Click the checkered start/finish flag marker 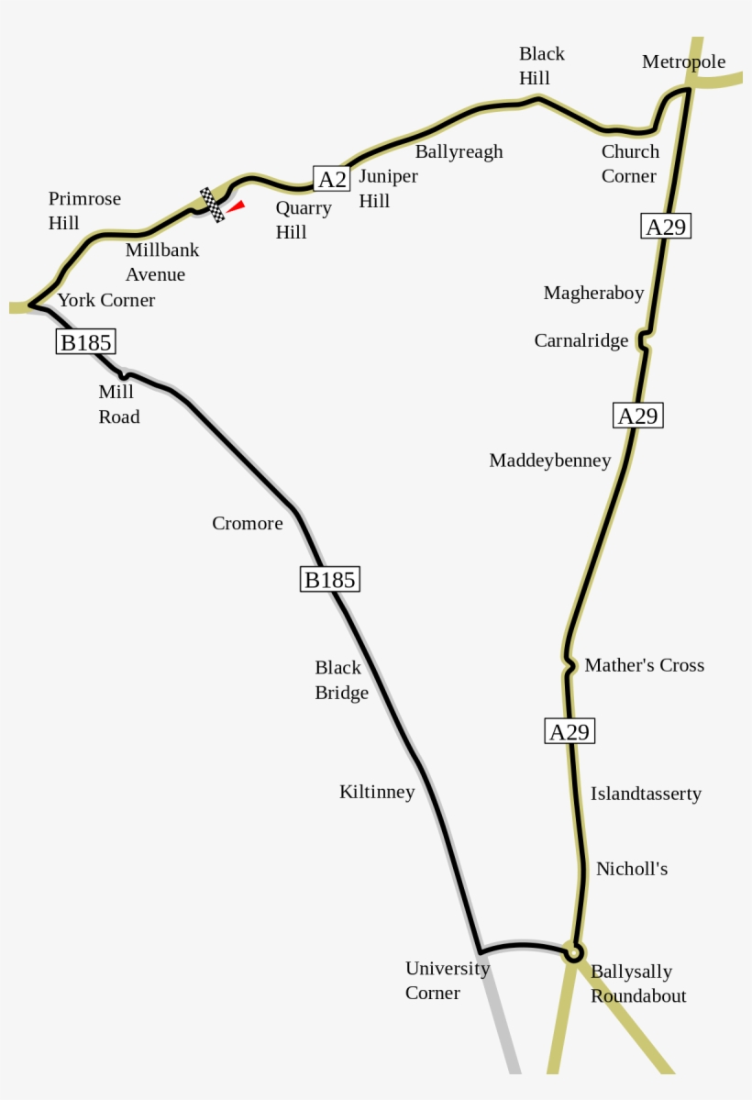pos(212,205)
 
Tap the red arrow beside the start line pos(236,207)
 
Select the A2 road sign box pos(331,179)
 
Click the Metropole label pos(683,61)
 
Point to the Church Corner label pos(629,163)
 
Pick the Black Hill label pos(541,66)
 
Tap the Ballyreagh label pos(459,151)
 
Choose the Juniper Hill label pos(388,188)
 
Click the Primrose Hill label pos(84,210)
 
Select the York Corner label pos(106,300)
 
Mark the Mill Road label pos(119,404)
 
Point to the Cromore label pos(248,523)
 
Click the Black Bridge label pos(341,680)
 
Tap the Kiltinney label pos(377,791)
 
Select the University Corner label pos(448,980)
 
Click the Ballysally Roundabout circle pos(573,954)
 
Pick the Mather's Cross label pos(644,665)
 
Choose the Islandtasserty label pos(646,794)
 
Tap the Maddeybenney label pos(549,461)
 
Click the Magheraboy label pos(593,293)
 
